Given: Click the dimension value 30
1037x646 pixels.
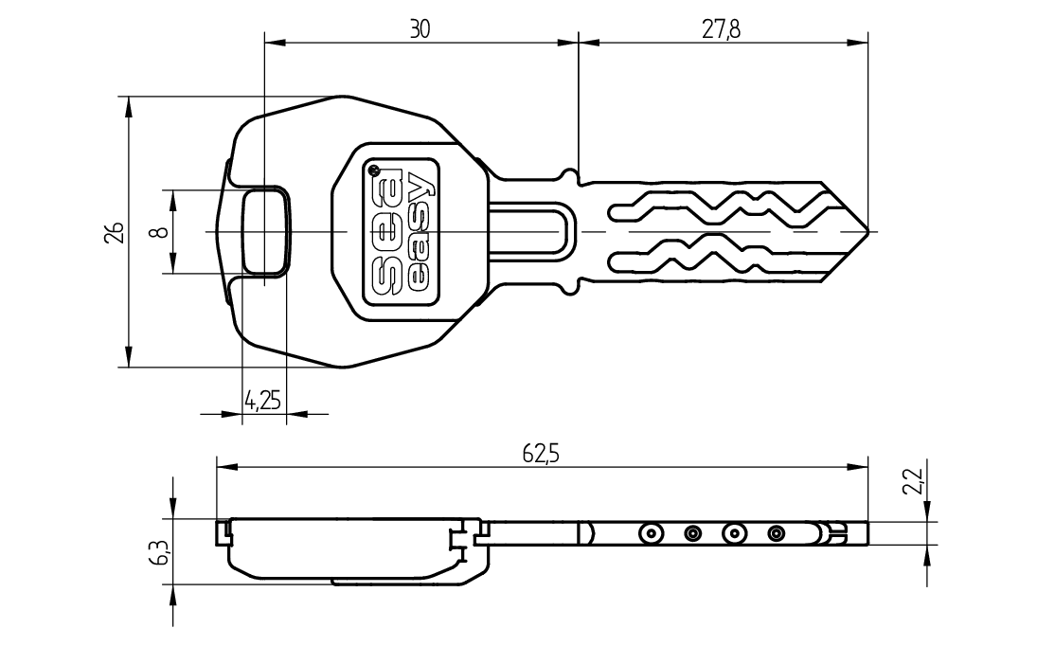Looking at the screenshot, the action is point(420,29).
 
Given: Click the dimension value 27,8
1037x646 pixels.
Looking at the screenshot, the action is point(721,29).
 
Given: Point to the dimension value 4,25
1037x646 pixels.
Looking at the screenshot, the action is point(262,400).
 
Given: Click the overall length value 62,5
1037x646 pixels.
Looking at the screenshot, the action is point(541,454).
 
